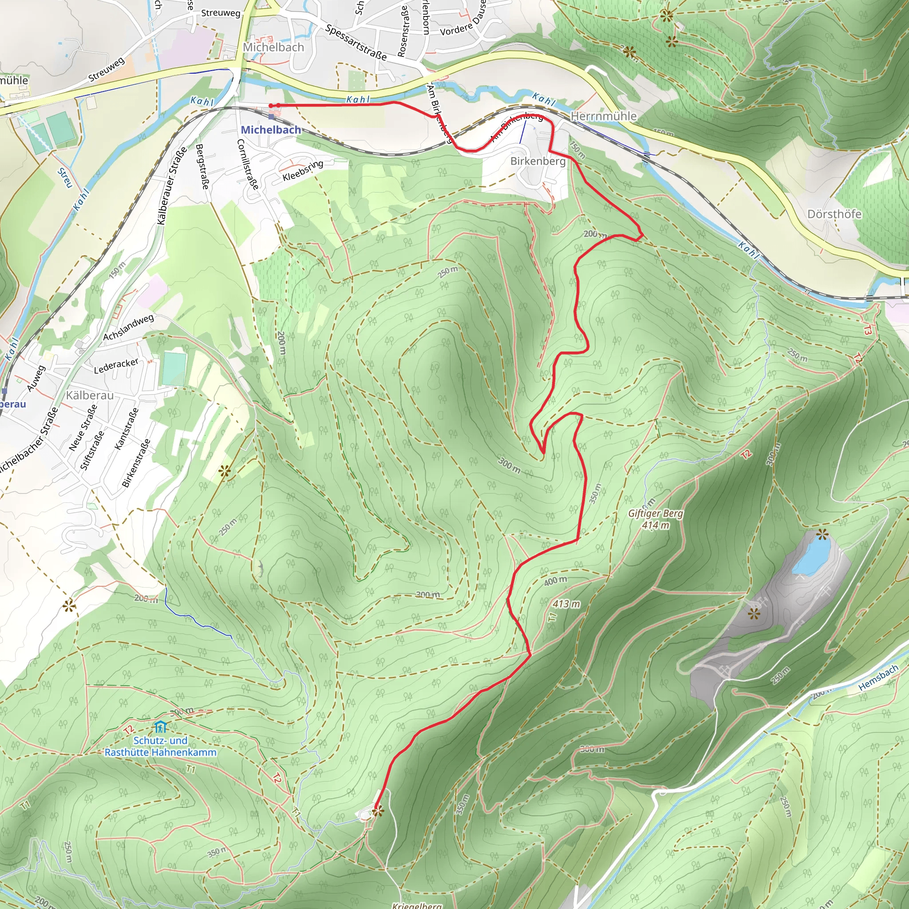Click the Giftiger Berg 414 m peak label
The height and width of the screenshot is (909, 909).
click(656, 519)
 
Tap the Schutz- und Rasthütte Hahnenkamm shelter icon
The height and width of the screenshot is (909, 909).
click(160, 727)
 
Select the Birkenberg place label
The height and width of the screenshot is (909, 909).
click(538, 161)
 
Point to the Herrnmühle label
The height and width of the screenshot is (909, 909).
click(603, 116)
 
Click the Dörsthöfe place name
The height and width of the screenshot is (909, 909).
click(834, 214)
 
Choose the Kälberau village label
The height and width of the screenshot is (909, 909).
click(89, 395)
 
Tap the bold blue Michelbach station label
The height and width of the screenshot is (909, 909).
click(271, 130)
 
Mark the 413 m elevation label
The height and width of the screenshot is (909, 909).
click(566, 604)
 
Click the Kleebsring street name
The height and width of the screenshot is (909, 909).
click(303, 170)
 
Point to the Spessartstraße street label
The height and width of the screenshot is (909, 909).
click(356, 43)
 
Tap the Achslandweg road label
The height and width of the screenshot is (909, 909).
click(128, 328)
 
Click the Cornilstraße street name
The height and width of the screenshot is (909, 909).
click(248, 164)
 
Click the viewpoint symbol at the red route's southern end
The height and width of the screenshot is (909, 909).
click(377, 810)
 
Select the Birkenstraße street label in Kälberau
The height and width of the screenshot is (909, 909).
click(136, 463)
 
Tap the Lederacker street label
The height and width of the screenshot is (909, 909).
click(116, 366)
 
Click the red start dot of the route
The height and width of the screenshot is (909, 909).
click(271, 105)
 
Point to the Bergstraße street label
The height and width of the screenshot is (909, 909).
click(202, 166)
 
